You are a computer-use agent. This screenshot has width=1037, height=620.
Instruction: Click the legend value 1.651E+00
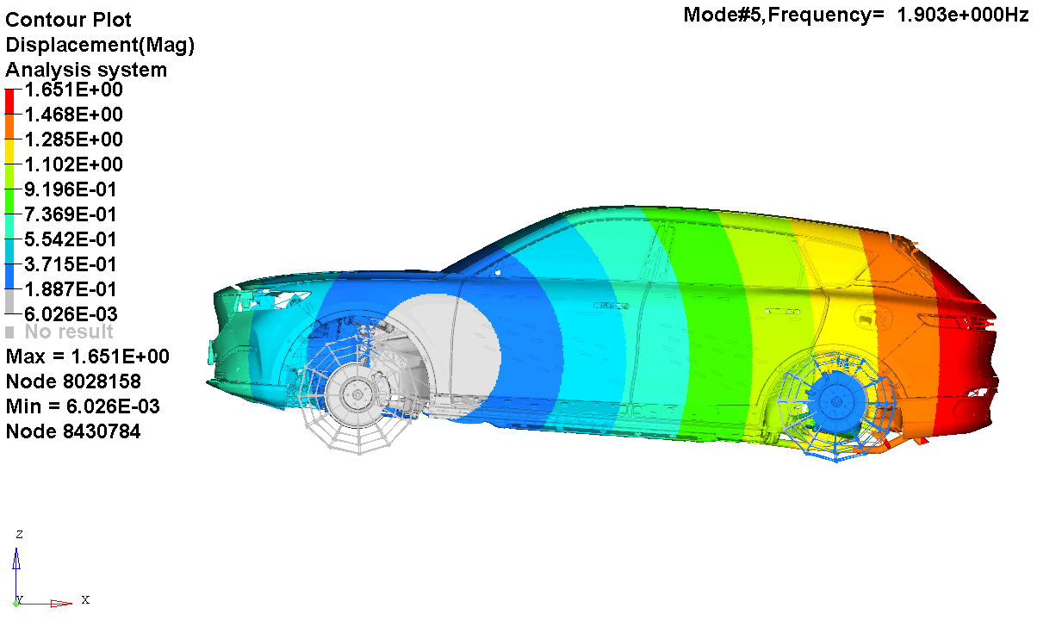click(73, 90)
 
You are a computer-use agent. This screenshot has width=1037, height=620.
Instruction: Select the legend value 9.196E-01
click(71, 189)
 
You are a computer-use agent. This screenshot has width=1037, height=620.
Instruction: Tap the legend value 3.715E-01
click(71, 264)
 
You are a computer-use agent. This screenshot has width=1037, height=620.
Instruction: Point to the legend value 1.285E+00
click(73, 139)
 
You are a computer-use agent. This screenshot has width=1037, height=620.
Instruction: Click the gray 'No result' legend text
click(69, 332)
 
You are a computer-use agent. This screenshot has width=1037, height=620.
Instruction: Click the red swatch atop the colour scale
click(9, 102)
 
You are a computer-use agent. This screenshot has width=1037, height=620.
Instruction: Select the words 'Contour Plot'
click(68, 20)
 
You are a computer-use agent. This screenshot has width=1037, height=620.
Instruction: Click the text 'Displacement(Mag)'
click(100, 46)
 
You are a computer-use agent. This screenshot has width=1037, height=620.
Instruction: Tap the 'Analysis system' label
click(86, 71)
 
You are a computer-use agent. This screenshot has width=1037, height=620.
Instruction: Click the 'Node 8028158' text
click(73, 381)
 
